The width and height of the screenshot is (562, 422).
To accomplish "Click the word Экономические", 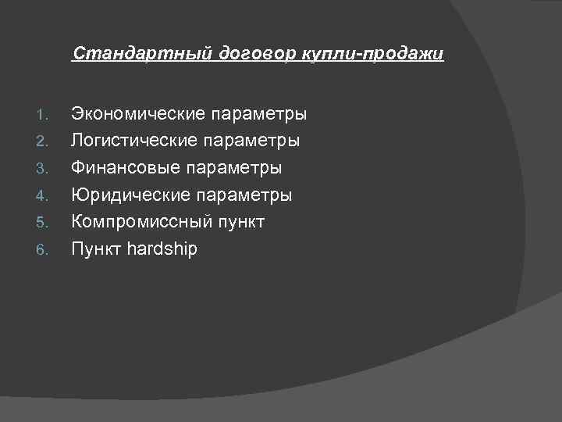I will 138,115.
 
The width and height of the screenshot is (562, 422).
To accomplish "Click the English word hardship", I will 162,249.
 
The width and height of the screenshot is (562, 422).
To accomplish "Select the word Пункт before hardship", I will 96,249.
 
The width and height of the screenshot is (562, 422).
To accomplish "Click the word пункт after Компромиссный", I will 241,223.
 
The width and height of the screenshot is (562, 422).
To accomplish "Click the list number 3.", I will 44,170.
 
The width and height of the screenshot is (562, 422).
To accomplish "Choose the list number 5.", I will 44,224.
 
